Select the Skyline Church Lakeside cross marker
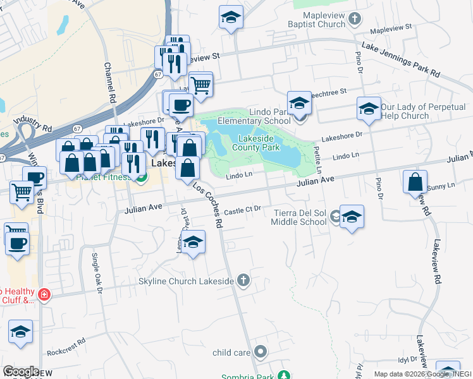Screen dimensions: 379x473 tap(244, 280)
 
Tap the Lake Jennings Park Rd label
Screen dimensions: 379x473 tap(400, 60)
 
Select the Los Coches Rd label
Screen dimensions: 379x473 tap(209, 205)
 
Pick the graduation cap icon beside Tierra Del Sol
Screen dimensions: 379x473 tap(352, 217)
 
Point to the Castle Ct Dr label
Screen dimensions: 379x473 tap(243, 209)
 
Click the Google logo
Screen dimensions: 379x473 tap(21, 371)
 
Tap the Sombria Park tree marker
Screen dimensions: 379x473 tap(285, 376)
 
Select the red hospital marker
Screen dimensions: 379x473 tap(44, 294)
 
